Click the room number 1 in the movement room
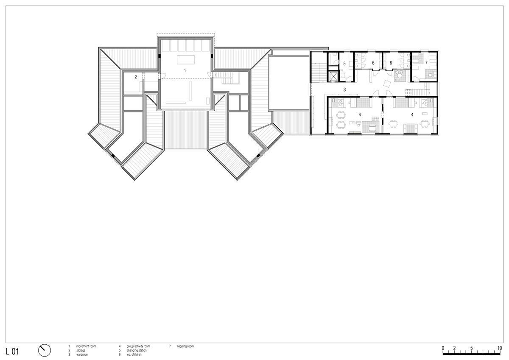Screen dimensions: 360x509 coord(185,70)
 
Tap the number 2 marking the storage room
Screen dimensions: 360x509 coord(136,77)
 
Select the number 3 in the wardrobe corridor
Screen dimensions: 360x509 coord(345,89)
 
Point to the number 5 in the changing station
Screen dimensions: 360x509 coord(345,64)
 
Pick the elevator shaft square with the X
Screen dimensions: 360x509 coord(334,77)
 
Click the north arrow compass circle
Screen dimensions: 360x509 coord(45,350)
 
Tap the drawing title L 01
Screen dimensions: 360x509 coord(13,351)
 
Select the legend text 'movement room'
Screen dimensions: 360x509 coord(86,346)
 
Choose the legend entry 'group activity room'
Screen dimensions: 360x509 coord(138,346)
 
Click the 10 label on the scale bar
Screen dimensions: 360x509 coord(500,348)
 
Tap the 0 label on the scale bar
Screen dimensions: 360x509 coord(443,348)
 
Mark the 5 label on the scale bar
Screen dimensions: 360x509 coord(471,348)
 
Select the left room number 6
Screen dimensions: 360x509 coord(373,63)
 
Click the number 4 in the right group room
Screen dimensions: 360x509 coord(411,114)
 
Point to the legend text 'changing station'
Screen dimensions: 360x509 coord(136,351)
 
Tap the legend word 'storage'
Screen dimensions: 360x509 coord(81,351)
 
